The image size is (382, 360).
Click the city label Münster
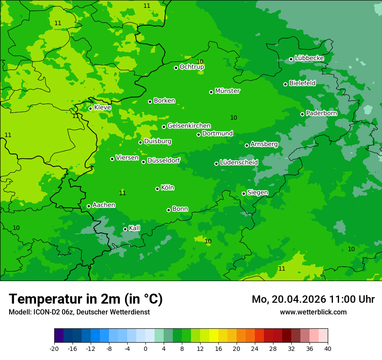click(x=227, y=91)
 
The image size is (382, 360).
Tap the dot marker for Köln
click(x=158, y=189)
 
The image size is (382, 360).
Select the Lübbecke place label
click(x=309, y=58)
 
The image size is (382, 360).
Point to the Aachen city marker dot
click(x=89, y=206)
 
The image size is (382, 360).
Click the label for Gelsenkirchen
click(x=189, y=126)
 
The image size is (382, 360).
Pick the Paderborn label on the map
click(x=321, y=113)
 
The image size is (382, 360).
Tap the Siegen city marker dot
click(x=244, y=193)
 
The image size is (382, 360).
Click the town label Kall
click(x=135, y=228)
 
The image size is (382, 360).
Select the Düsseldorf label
click(x=164, y=160)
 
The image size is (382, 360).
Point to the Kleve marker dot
click(x=91, y=108)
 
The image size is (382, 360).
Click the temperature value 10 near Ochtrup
click(x=200, y=62)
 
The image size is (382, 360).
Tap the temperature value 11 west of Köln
click(x=122, y=193)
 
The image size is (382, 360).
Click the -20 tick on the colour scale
click(x=54, y=348)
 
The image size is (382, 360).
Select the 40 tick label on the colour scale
click(x=328, y=348)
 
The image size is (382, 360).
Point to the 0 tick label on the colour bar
click(x=145, y=348)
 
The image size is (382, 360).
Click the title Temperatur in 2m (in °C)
click(x=86, y=299)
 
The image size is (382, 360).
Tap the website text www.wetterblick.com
click(x=313, y=312)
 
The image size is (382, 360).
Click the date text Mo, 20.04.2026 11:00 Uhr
click(x=313, y=299)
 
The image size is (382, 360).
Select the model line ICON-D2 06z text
click(x=79, y=312)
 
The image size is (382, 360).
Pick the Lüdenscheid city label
click(x=239, y=162)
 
